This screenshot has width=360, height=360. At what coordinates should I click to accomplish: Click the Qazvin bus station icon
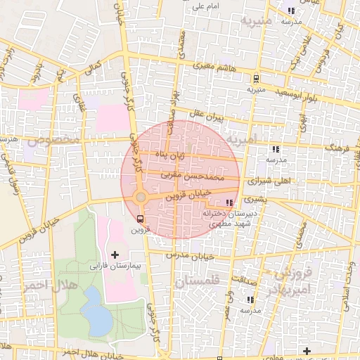tap(140, 218)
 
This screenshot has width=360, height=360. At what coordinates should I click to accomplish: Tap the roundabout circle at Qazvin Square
tap(140, 198)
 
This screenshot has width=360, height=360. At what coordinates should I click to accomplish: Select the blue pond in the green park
tap(96, 311)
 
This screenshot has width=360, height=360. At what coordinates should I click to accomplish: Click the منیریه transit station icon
tap(256, 78)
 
